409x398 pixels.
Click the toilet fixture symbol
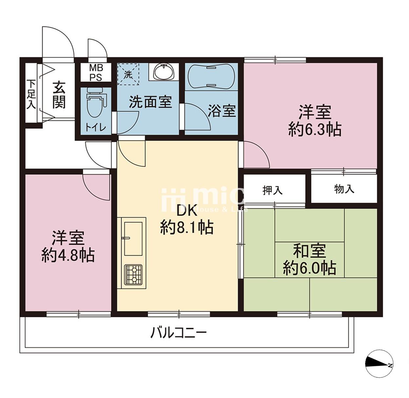pos(96,102)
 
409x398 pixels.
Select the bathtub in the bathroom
pos(211,77)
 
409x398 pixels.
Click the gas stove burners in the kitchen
pos(133,274)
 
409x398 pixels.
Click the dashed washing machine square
pos(128,74)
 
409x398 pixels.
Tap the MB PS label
pos(96,73)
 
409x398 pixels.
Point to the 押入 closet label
pos(273,190)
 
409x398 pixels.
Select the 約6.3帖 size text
pos(315,130)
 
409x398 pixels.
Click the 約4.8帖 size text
pos(68,255)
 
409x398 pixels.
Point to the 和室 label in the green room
pos(310,251)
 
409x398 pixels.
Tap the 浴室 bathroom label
pos(222,111)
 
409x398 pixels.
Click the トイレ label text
pos(96,127)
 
